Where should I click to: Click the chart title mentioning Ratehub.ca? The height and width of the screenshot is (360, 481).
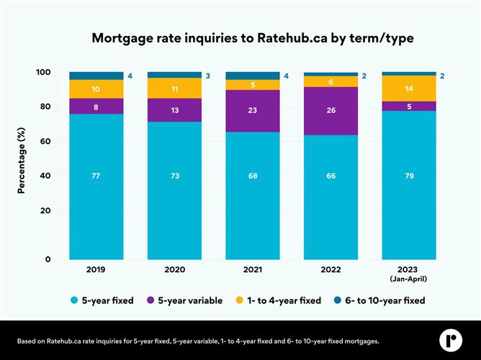click(240, 38)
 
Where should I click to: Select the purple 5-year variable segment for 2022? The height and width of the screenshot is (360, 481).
click(331, 111)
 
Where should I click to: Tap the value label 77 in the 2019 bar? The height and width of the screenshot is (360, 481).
click(96, 175)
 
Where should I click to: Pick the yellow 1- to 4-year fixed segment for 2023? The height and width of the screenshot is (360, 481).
click(408, 88)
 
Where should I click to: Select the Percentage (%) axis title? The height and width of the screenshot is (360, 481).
click(22, 159)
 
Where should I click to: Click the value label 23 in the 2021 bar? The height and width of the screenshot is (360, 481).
click(253, 112)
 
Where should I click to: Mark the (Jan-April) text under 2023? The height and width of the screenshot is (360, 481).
click(408, 278)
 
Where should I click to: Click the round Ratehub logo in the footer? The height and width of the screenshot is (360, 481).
click(451, 339)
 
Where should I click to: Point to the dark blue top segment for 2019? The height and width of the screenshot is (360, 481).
click(96, 76)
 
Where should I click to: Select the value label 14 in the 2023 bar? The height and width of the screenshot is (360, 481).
click(408, 89)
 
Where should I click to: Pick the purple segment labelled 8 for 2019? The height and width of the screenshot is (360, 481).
click(96, 106)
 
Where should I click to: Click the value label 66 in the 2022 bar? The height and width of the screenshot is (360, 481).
click(331, 176)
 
